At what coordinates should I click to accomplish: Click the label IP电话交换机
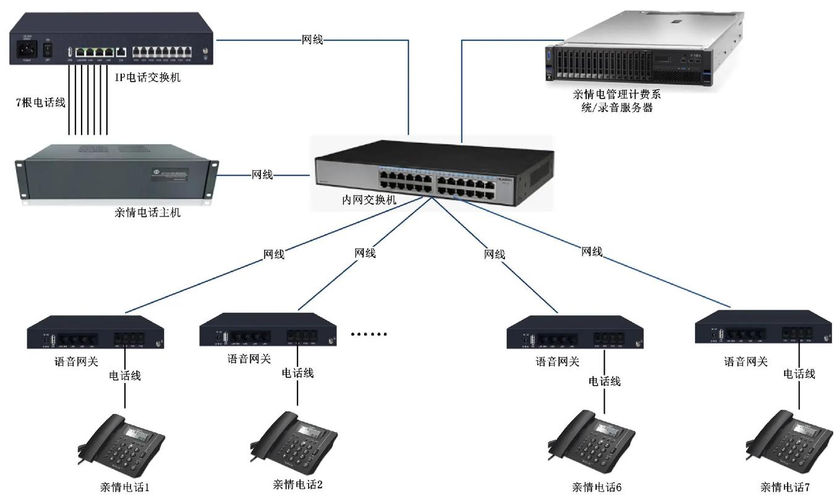(148, 77)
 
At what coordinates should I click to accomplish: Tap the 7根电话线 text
(40, 103)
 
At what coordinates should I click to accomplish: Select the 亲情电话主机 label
(148, 213)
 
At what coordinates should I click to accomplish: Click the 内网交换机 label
(370, 200)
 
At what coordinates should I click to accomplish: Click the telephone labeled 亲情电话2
(294, 439)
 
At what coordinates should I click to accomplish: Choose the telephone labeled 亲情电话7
(789, 439)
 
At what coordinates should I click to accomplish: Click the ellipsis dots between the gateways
(368, 334)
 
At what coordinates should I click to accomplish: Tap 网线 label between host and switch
(262, 175)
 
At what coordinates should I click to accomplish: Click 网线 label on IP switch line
(312, 40)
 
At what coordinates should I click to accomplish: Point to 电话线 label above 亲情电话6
(604, 381)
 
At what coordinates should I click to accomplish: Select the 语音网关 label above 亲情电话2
(249, 358)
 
